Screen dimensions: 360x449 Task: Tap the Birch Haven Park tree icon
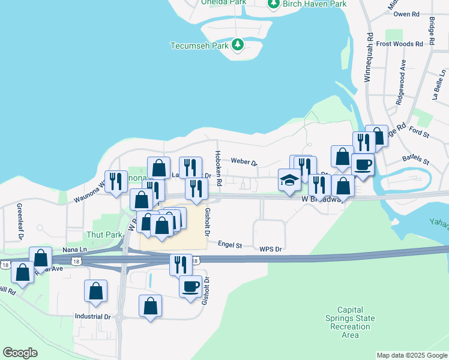[274, 4]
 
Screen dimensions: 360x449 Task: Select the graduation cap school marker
[289, 180]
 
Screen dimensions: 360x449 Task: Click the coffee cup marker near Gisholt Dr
[190, 286]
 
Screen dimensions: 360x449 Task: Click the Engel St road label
[230, 245]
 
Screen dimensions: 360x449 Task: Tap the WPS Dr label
[271, 248]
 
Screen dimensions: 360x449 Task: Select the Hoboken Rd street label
[219, 168]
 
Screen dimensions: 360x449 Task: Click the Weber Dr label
[244, 162]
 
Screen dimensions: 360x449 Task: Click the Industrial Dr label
[92, 316]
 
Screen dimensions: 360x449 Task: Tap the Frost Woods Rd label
[400, 44]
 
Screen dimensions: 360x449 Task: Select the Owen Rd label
[406, 14]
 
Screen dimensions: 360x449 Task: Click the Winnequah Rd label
[369, 58]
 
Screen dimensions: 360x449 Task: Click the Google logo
[20, 353]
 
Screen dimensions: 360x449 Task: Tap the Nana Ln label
[74, 249]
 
